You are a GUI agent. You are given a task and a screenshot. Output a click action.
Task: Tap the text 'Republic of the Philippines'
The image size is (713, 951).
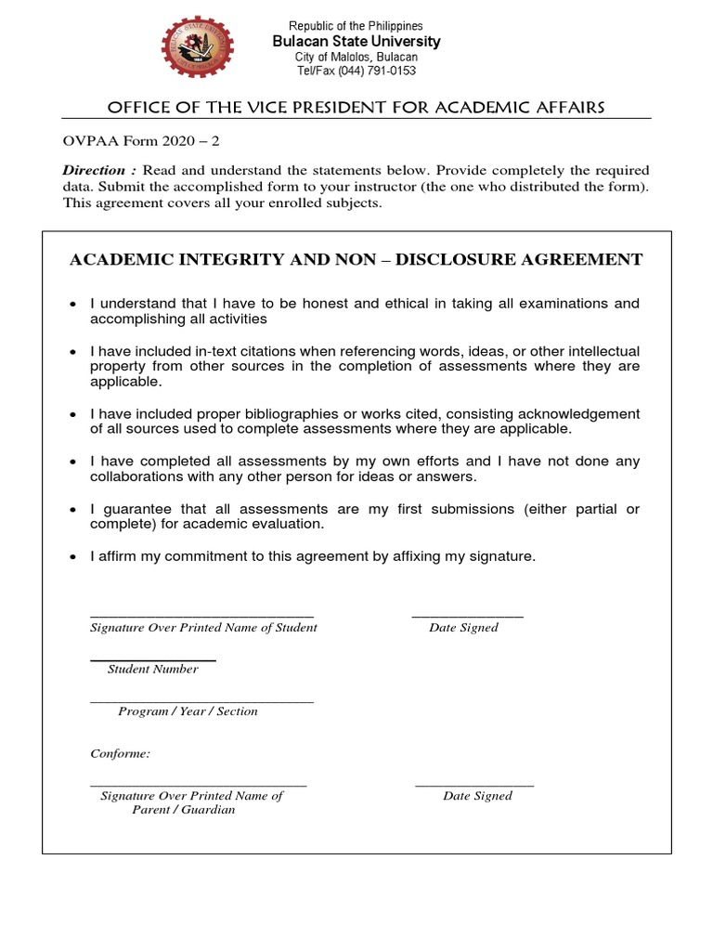[x=356, y=26]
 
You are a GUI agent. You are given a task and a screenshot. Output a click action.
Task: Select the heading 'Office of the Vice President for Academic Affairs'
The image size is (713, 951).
[x=356, y=108]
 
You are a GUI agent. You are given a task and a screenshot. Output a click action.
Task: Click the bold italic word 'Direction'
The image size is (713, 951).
[x=94, y=171]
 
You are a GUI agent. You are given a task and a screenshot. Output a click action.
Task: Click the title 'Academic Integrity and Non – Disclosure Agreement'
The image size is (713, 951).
[x=356, y=260]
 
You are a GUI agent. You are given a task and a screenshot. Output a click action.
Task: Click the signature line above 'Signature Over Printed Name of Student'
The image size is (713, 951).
[x=201, y=617]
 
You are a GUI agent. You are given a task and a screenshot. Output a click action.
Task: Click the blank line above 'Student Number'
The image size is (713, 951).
[x=153, y=659]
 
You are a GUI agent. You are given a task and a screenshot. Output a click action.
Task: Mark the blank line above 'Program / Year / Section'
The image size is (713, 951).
[x=201, y=701]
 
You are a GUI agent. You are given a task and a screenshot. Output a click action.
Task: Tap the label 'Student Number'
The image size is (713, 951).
[x=152, y=670]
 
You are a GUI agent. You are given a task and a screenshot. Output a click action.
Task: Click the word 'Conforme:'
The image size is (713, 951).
[x=120, y=754]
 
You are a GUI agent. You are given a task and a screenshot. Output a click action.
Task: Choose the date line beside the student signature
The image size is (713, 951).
[x=467, y=617]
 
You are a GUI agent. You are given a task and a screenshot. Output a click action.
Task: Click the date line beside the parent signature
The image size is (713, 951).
[x=474, y=786]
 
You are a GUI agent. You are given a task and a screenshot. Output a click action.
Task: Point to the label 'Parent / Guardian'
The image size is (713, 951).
[x=184, y=810]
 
